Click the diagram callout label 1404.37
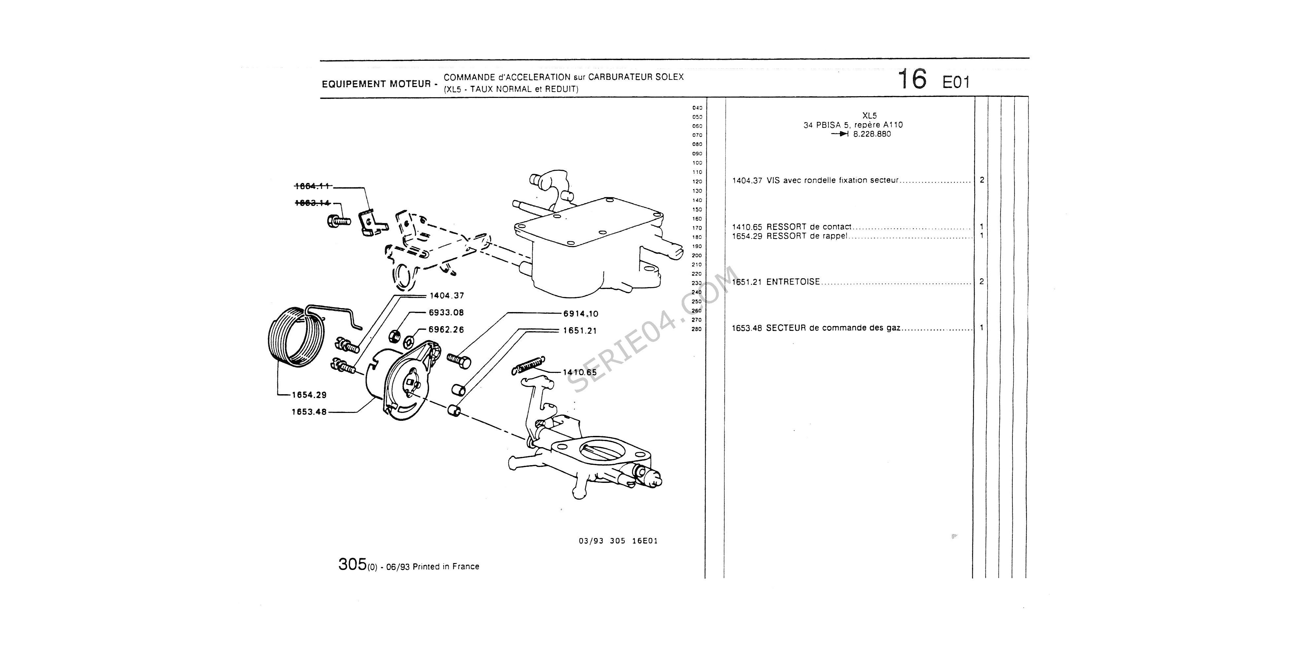point(446,295)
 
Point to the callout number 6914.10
point(580,314)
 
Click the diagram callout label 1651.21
point(579,330)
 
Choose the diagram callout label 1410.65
point(579,373)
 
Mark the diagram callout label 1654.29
point(309,395)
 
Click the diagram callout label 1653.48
point(309,412)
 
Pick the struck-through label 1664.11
point(313,187)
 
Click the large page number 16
point(912,79)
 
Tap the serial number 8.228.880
point(872,134)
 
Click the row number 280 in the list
point(697,329)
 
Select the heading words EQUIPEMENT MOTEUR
point(376,84)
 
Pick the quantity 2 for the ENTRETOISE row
point(982,282)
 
